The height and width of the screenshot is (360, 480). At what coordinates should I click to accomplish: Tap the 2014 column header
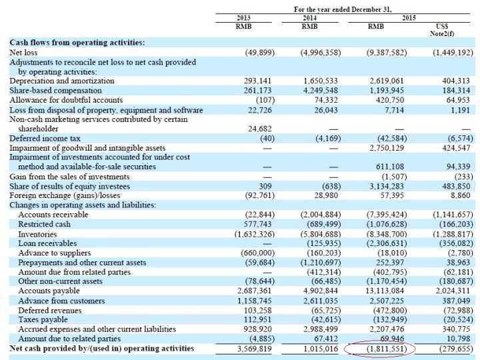(x=309, y=18)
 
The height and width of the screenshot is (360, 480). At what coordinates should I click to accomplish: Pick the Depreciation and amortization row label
(x=62, y=81)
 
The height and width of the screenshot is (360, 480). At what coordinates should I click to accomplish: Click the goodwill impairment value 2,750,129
(x=387, y=147)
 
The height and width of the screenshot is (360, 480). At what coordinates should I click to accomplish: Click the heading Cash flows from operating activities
(x=77, y=42)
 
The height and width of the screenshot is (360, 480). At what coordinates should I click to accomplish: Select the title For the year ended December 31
(x=343, y=9)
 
